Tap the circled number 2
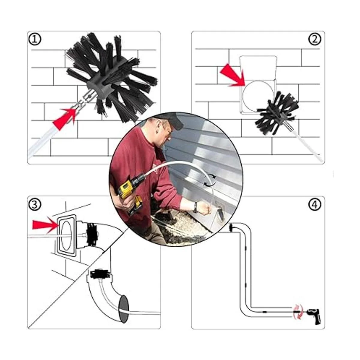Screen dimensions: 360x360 (315, 39)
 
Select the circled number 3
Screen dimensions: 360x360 (34, 204)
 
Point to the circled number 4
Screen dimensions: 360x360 (315, 205)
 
